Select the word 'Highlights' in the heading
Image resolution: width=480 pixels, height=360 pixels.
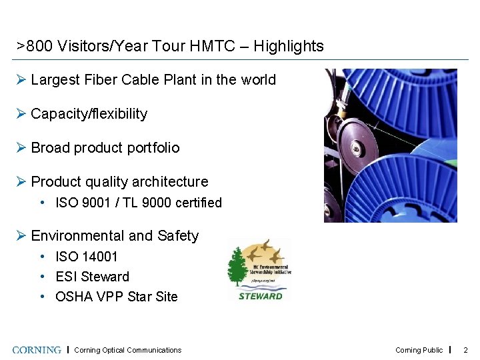(x=289, y=47)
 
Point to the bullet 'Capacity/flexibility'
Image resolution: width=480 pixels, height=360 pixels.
(x=89, y=114)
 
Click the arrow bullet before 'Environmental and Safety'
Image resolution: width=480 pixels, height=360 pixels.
(x=21, y=236)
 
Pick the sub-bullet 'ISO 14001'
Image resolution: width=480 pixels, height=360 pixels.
(x=86, y=257)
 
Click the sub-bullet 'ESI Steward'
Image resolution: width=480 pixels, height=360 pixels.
(x=92, y=277)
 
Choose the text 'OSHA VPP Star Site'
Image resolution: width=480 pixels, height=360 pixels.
(x=116, y=297)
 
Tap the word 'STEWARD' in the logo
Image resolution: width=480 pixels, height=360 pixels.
(x=260, y=296)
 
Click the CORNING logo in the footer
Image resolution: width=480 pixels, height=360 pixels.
(x=37, y=350)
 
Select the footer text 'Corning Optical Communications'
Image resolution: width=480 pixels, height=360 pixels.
(x=127, y=350)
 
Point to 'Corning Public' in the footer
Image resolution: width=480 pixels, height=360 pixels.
(x=419, y=350)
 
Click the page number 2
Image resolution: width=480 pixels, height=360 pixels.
(x=465, y=350)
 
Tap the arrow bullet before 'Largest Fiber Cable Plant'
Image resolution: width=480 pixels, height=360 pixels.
(x=21, y=80)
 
